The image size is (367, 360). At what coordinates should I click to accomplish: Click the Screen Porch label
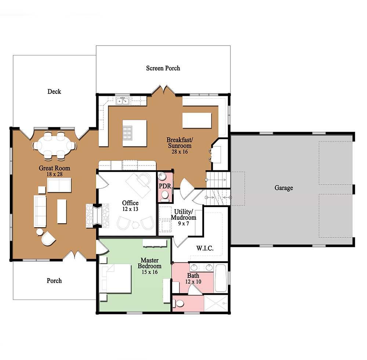pyautogui.click(x=163, y=68)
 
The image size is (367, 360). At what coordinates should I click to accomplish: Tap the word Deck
pyautogui.click(x=54, y=91)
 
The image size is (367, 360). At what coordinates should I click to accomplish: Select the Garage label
pyautogui.click(x=284, y=188)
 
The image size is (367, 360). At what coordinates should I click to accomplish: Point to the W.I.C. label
pyautogui.click(x=205, y=248)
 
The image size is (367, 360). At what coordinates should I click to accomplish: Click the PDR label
pyautogui.click(x=165, y=186)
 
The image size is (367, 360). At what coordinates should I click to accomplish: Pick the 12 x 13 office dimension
pyautogui.click(x=130, y=209)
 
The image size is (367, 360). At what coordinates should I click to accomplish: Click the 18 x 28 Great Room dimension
pyautogui.click(x=55, y=174)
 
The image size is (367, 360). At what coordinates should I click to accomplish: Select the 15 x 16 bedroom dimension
pyautogui.click(x=150, y=272)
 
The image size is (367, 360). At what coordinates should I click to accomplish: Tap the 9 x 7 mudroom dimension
pyautogui.click(x=183, y=223)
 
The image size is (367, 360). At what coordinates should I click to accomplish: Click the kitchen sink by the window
pyautogui.click(x=123, y=101)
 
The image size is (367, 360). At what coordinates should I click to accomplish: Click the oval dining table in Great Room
pyautogui.click(x=54, y=146)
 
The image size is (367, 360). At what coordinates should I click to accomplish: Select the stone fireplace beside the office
pyautogui.click(x=97, y=215)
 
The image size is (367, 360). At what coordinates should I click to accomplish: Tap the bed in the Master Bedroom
pyautogui.click(x=115, y=279)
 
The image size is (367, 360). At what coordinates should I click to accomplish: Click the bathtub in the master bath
pyautogui.click(x=221, y=278)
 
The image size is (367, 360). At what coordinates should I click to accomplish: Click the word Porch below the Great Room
pyautogui.click(x=54, y=281)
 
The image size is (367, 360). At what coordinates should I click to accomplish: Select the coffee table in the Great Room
pyautogui.click(x=62, y=211)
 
